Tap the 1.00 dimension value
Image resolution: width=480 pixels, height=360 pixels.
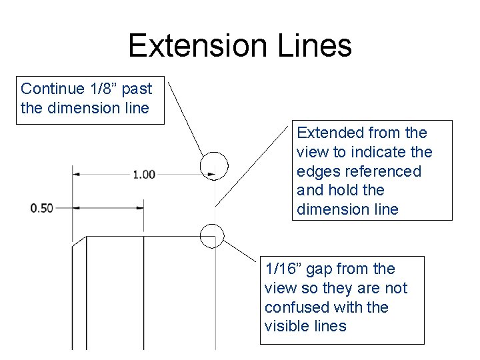point(144,175)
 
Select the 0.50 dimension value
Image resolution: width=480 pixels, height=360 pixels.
point(41,209)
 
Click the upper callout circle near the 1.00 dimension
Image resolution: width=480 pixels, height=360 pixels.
point(214,165)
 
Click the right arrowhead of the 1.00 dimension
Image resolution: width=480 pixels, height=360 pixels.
point(211,175)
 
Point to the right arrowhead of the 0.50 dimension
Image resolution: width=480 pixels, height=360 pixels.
point(139,209)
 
